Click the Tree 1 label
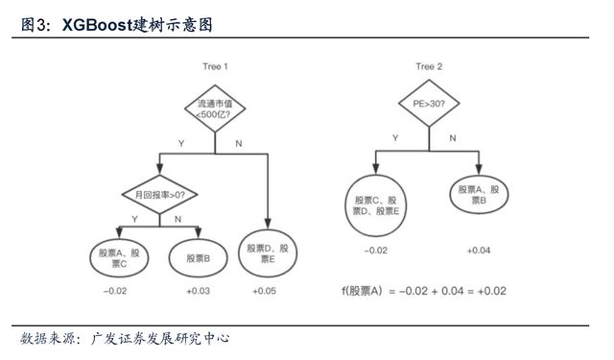pos(213,66)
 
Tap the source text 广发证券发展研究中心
pos(160,339)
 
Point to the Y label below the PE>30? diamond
pos(395,138)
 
